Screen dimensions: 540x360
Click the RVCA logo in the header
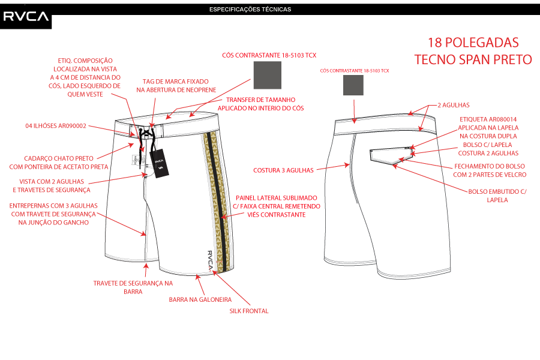coord(26,17)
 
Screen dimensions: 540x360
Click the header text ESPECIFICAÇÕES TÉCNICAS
coord(250,10)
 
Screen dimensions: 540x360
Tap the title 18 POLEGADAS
coord(473,43)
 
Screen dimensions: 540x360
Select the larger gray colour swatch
coord(267,75)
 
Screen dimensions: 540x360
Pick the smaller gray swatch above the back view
coord(353,85)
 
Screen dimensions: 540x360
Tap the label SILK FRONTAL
coord(249,311)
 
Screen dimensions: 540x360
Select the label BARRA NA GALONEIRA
coord(200,300)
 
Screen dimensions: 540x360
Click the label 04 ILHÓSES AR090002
coord(56,126)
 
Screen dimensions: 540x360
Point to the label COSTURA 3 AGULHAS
coord(283,170)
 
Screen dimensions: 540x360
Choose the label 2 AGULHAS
coord(453,105)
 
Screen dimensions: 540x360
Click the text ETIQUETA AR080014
coord(488,119)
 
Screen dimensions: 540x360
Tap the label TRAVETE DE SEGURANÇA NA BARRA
coord(133,287)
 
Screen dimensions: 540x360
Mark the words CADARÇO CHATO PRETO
coord(59,158)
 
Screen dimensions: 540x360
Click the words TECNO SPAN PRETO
coord(473,59)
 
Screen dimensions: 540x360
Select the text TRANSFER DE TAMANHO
coord(261,100)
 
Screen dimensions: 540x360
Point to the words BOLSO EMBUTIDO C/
coord(497,191)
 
